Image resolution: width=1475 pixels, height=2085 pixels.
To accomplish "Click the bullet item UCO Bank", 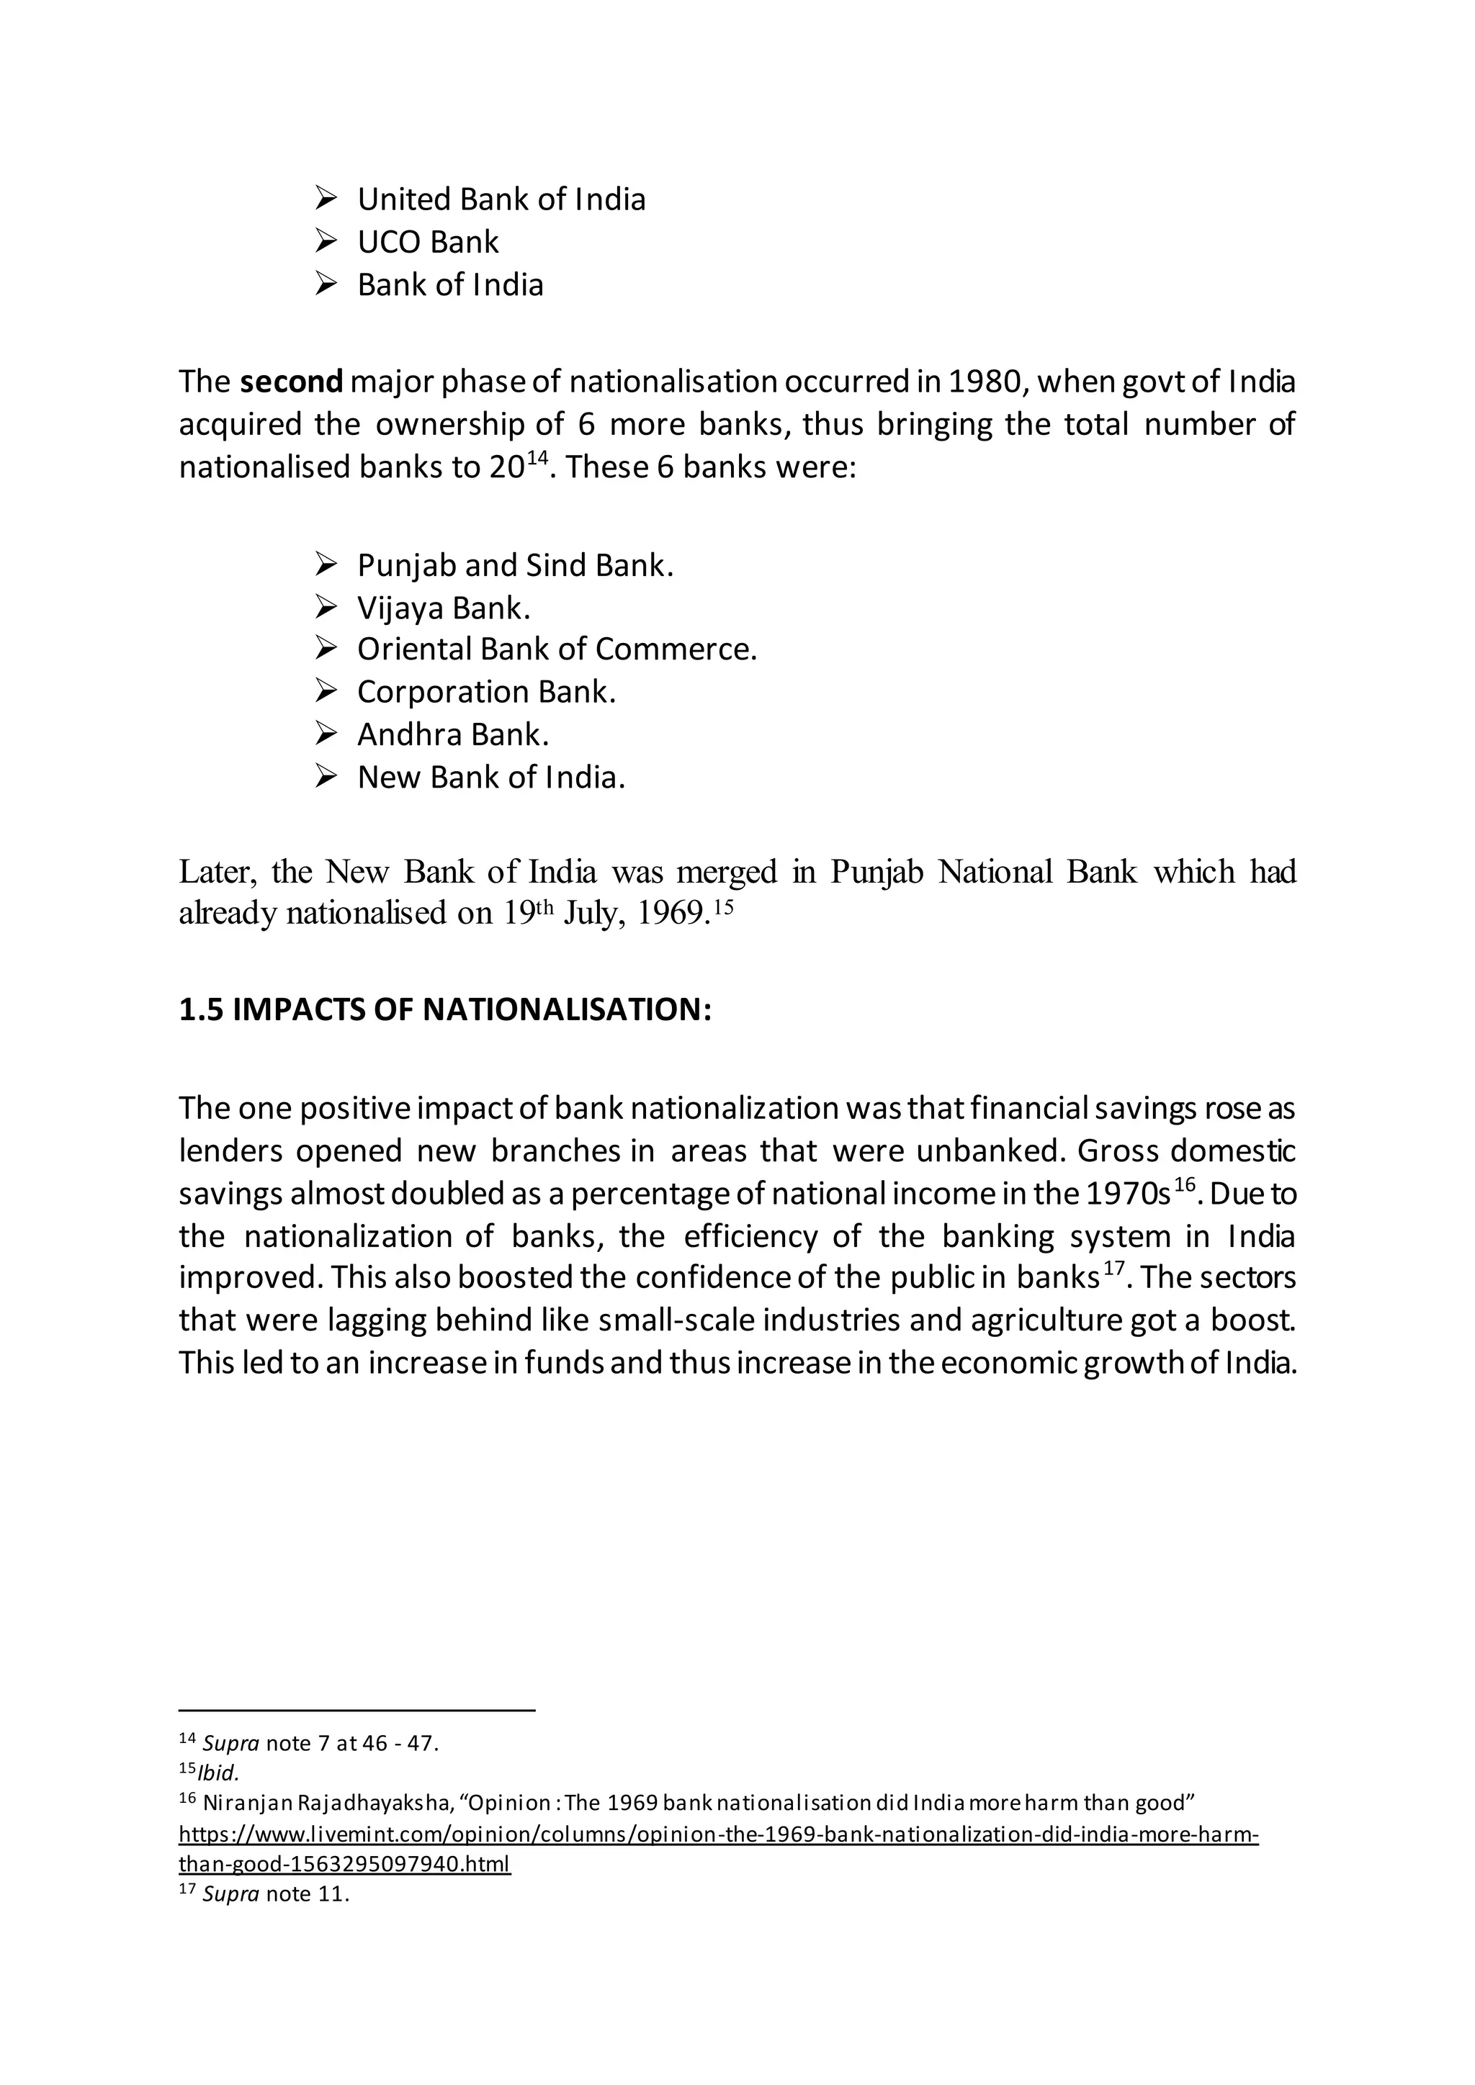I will [428, 243].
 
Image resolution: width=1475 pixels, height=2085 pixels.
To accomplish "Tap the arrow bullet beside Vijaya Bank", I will [326, 608].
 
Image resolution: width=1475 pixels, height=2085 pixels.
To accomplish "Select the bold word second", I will [292, 382].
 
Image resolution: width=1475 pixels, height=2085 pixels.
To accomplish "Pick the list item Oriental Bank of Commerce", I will [556, 650].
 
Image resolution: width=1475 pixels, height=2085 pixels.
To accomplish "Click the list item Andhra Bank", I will [452, 734].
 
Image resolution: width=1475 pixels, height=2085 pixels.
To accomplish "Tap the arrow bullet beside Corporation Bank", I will [326, 692].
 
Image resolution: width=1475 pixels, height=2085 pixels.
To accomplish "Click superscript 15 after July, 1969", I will [722, 906].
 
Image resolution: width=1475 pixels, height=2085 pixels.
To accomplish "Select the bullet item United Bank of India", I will [501, 199].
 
